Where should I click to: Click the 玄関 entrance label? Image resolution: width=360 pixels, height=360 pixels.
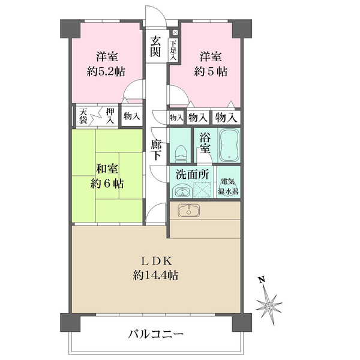155,47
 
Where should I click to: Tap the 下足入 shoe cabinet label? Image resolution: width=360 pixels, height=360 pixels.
173,50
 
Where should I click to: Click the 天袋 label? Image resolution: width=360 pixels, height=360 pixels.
83,115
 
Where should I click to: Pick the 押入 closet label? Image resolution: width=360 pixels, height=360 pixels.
110,115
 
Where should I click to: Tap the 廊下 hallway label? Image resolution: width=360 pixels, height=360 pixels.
156,149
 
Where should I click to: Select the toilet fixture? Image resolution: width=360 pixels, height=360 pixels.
179,154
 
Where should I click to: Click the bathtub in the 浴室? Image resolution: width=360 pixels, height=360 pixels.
229,146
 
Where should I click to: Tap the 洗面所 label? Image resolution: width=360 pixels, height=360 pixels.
192,175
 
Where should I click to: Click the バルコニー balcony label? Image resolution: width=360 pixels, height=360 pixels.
155,334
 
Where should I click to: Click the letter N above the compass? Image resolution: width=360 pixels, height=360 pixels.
262,280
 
